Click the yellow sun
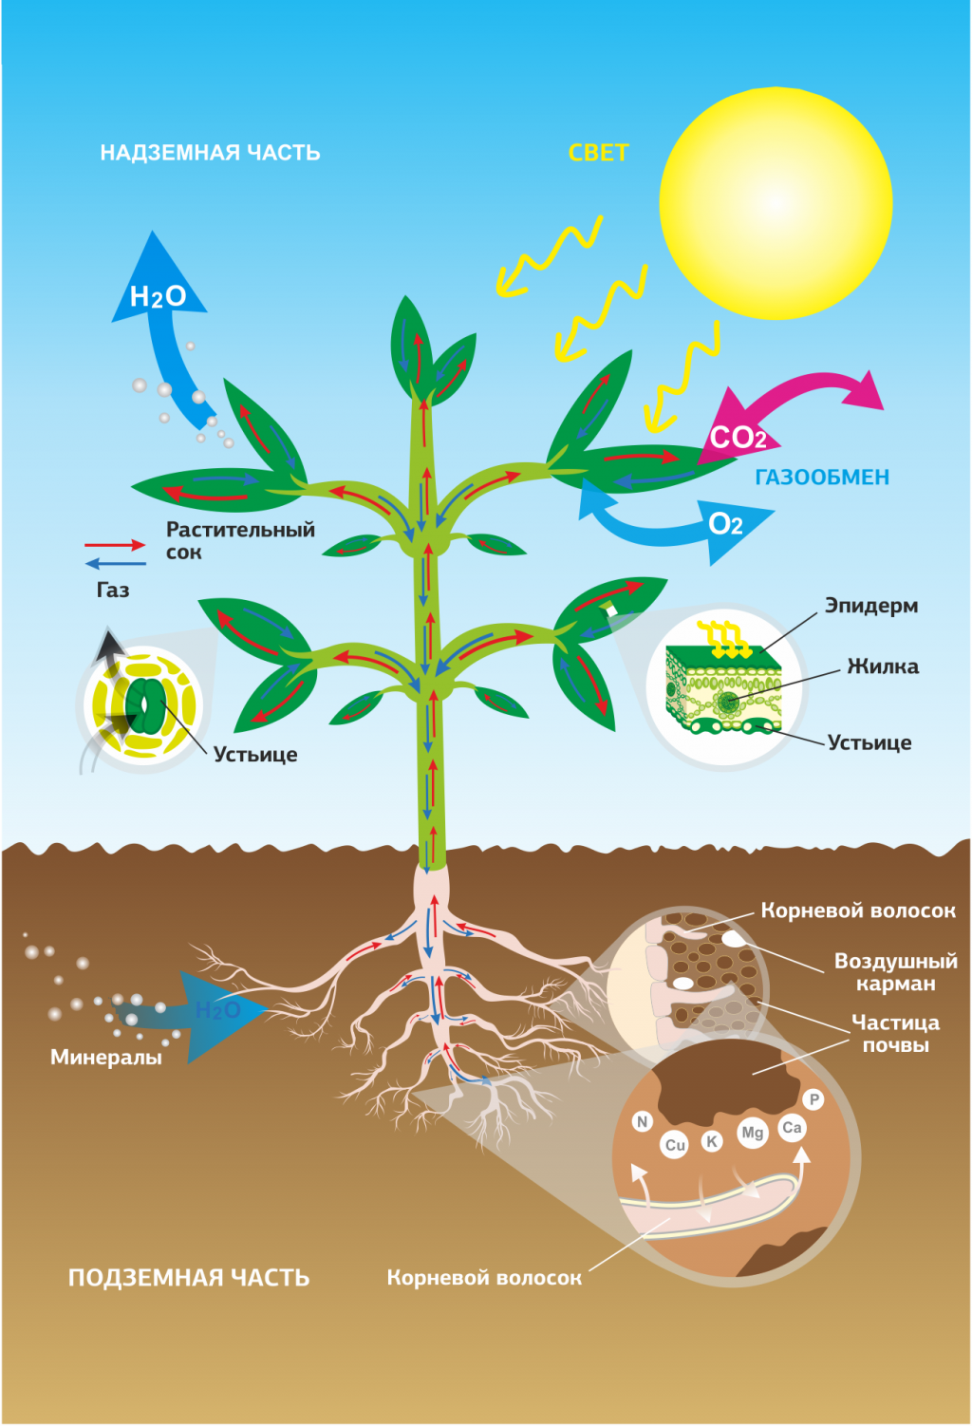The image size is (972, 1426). tap(776, 202)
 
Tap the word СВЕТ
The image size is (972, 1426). tap(598, 153)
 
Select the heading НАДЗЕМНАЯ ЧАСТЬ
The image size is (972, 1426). tap(210, 153)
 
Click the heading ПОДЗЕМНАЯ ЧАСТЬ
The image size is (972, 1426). tap(189, 1278)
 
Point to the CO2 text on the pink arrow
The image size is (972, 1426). tap(738, 438)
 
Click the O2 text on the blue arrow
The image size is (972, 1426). tap(725, 524)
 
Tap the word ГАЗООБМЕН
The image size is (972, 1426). tap(822, 478)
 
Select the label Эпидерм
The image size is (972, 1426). tap(870, 606)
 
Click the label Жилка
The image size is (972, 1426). tap(883, 666)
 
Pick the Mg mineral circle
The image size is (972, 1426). tap(753, 1133)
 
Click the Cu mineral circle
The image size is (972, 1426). tap(675, 1145)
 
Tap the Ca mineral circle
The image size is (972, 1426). tap(792, 1127)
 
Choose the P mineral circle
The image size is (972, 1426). tap(813, 1099)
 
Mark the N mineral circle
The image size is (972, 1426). tap(643, 1121)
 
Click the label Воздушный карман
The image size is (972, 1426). tap(895, 972)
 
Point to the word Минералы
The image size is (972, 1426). tap(106, 1057)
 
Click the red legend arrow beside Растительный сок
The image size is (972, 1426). tap(115, 545)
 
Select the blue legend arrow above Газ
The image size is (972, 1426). tap(115, 564)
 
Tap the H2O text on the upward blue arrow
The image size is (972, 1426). tap(157, 297)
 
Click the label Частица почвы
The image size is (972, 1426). tap(895, 1034)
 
